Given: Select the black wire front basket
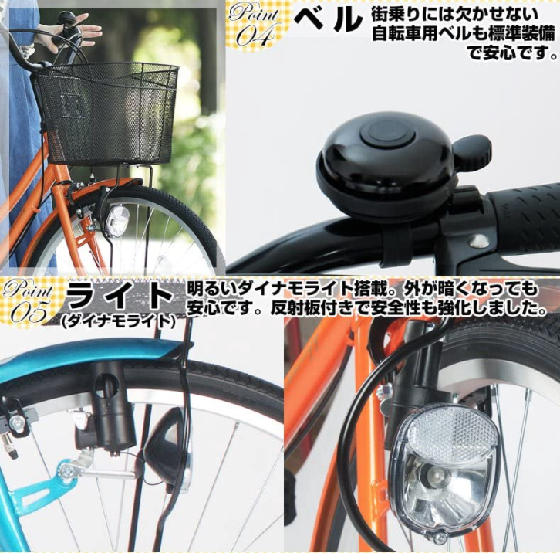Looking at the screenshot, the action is pyautogui.click(x=108, y=113).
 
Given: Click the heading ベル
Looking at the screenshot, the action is pyautogui.click(x=327, y=21).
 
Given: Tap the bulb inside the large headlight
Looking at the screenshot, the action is pyautogui.click(x=430, y=473).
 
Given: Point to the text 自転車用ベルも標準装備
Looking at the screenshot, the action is pyautogui.click(x=463, y=34).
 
